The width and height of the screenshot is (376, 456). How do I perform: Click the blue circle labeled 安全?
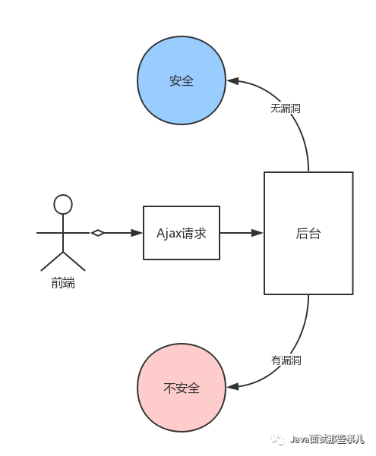(x=182, y=80)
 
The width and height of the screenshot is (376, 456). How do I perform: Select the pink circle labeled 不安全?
(x=182, y=387)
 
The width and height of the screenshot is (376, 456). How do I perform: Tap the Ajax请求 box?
(x=182, y=233)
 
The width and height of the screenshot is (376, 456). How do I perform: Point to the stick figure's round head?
(x=62, y=204)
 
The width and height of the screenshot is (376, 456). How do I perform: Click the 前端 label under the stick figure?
(x=63, y=284)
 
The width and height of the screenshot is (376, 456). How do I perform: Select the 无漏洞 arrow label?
(x=286, y=108)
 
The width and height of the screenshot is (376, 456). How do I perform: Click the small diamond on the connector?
(x=97, y=233)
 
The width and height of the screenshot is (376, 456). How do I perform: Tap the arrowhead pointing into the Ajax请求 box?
(x=138, y=233)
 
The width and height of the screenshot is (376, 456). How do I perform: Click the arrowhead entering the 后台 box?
(x=258, y=233)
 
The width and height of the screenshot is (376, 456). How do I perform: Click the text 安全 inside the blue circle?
(x=182, y=80)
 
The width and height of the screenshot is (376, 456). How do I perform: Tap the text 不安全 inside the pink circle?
(x=182, y=388)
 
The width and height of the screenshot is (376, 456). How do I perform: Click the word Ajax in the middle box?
(x=169, y=234)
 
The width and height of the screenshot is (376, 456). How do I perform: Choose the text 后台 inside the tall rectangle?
(x=308, y=234)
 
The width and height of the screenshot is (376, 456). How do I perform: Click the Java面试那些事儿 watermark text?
(x=327, y=439)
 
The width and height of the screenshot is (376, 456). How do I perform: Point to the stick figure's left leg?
(x=51, y=260)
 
